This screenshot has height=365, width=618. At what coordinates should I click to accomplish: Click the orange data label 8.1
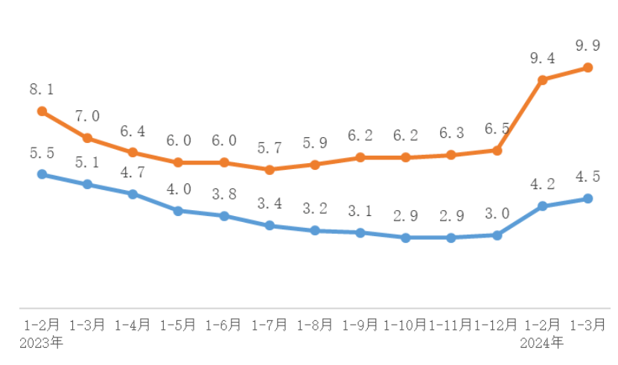point(42,89)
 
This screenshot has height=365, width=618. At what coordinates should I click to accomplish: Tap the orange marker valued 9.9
point(587,68)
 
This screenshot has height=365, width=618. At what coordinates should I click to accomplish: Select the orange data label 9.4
point(542,57)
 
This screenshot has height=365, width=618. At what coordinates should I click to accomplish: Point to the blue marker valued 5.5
point(42,174)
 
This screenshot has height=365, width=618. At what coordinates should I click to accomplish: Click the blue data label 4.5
point(587,177)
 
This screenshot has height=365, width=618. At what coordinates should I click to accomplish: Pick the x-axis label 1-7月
point(269,326)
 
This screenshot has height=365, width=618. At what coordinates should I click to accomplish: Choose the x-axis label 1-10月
point(405,326)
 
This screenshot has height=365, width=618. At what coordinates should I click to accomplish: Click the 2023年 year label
point(42,343)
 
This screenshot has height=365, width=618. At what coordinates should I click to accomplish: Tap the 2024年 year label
point(542,343)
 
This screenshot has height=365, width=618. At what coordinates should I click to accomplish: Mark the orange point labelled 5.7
point(270,170)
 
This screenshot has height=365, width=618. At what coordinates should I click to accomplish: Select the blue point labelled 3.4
point(270,225)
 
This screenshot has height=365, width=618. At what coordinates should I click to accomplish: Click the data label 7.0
point(87,116)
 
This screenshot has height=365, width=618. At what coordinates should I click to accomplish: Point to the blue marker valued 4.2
point(542,206)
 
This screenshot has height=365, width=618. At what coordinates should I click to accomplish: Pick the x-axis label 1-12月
point(496,326)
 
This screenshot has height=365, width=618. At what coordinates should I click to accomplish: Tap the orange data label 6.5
point(497,129)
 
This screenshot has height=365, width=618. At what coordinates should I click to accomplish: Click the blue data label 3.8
point(223,194)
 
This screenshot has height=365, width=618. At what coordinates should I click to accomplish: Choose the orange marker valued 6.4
point(133,152)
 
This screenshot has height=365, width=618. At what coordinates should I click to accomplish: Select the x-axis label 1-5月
point(178,326)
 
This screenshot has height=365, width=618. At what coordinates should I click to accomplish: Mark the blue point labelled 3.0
point(497,235)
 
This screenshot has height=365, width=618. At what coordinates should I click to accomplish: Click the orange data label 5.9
point(315,142)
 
